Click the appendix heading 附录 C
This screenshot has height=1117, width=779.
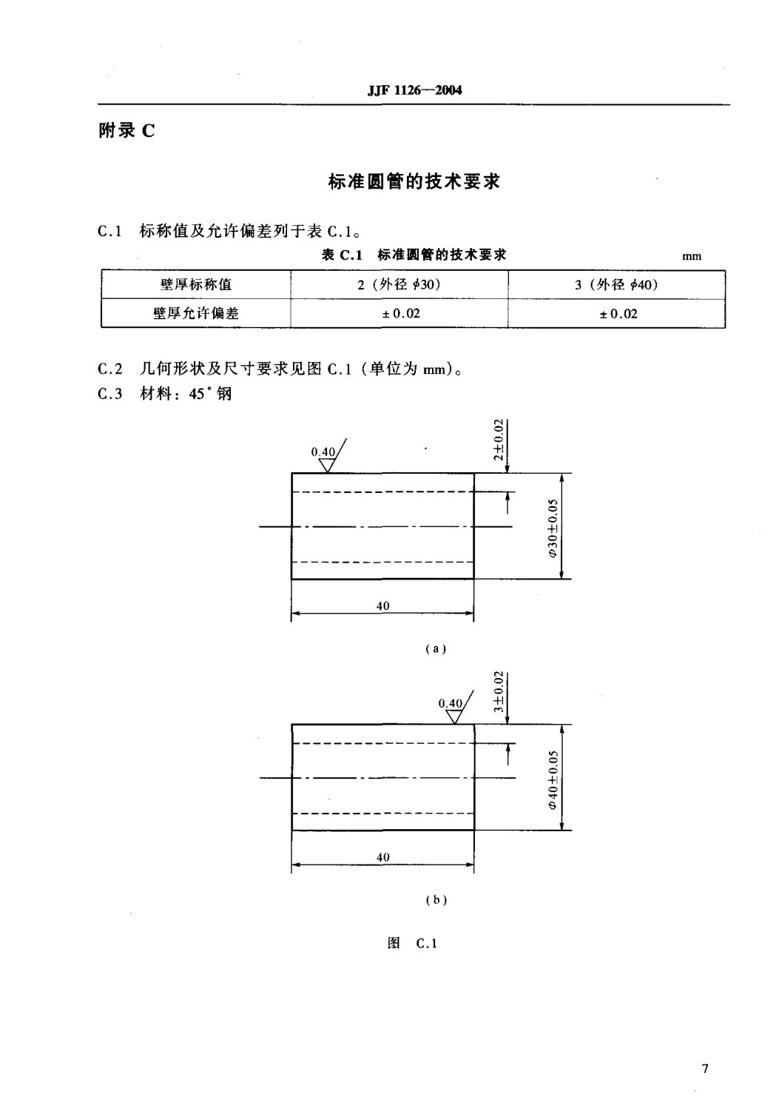pos(127,131)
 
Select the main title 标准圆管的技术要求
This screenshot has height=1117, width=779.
pos(414,181)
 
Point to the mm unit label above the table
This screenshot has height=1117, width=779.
pos(692,257)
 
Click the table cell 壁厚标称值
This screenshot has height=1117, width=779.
pos(196,285)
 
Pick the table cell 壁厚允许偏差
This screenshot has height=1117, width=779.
pos(196,313)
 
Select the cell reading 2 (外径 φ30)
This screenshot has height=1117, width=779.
pos(399,285)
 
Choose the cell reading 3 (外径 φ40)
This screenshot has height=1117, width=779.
pos(617,285)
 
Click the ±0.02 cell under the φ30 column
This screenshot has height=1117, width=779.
pos(400,313)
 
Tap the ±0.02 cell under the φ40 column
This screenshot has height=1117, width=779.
pos(618,313)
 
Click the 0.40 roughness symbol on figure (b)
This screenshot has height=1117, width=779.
pos(452,709)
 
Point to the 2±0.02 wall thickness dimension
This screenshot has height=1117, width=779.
pos(499,439)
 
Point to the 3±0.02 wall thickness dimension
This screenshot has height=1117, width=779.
pos(499,691)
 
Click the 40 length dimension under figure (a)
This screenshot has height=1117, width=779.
pos(382,606)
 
